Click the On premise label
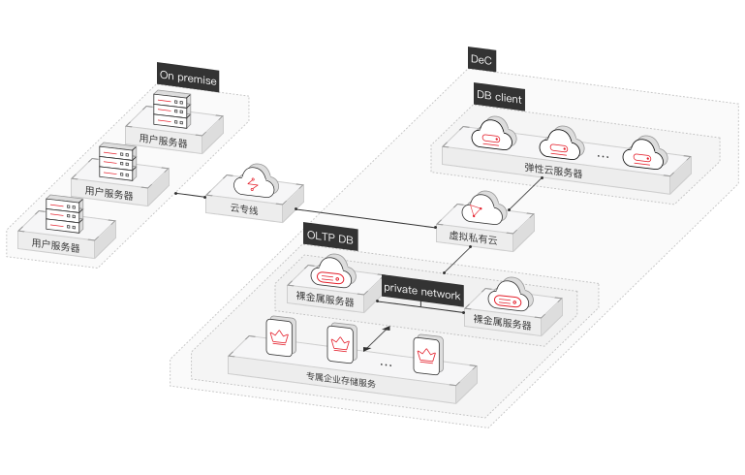tap(188, 77)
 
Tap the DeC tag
tap(481, 59)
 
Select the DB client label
tap(499, 97)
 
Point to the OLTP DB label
tap(330, 237)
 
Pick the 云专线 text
tap(244, 208)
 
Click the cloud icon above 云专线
tap(256, 181)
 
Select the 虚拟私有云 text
tap(473, 237)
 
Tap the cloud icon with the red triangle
tap(484, 208)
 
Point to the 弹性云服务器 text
tap(553, 170)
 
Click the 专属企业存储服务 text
tap(341, 380)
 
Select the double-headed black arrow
tap(377, 338)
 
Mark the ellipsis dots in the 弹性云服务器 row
tap(603, 156)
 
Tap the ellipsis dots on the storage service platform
tap(387, 365)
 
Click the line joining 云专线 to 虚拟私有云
tap(366, 218)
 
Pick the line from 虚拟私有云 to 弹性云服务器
tap(525, 194)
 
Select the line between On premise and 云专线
tap(190, 195)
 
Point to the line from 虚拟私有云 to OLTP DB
tap(458, 260)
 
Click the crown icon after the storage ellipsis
tap(427, 356)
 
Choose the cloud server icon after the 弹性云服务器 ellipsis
tap(645, 153)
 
